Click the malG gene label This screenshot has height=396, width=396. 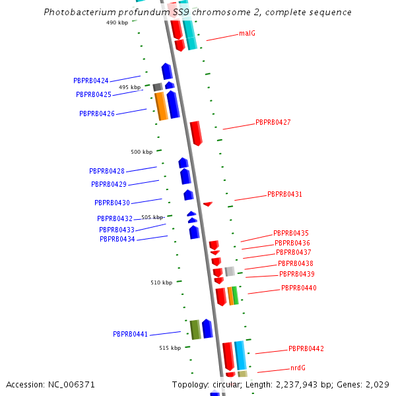coord(247,33)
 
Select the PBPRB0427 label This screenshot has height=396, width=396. coord(273,122)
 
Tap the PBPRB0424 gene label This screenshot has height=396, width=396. coord(91,81)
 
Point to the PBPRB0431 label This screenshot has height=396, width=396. coord(284,194)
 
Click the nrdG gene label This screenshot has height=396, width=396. coord(298,368)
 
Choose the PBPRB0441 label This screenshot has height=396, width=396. coord(130,334)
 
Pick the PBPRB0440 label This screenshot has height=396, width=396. coord(299,288)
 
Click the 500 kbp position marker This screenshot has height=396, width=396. coord(141,152)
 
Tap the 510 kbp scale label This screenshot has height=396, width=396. coord(161,282)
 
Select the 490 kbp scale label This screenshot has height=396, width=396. coord(117,22)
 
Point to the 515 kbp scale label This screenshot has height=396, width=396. coord(170,348)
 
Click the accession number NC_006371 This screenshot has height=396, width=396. coord(69,384)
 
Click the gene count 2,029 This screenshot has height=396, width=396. coord(378,384)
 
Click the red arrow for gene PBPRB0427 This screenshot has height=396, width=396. coord(196,133)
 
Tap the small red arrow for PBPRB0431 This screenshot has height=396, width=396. coord(208,204)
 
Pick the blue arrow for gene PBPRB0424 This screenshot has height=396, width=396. coord(167,71)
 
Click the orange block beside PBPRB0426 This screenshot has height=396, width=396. coord(160,106)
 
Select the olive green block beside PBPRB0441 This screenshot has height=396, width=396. coord(195,329)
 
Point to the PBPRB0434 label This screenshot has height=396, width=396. coord(117,239)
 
